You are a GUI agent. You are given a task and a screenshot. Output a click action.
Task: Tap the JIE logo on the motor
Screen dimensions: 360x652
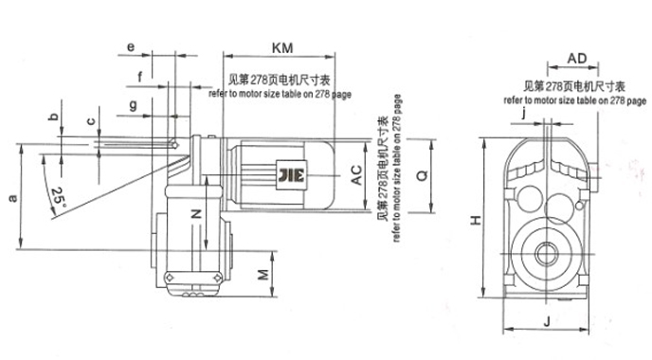click(287, 173)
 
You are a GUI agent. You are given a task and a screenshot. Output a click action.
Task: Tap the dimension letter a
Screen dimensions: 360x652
click(11, 197)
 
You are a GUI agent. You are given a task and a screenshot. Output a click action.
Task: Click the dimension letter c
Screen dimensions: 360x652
click(91, 122)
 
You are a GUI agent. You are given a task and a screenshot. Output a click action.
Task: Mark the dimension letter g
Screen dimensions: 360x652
click(133, 100)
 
